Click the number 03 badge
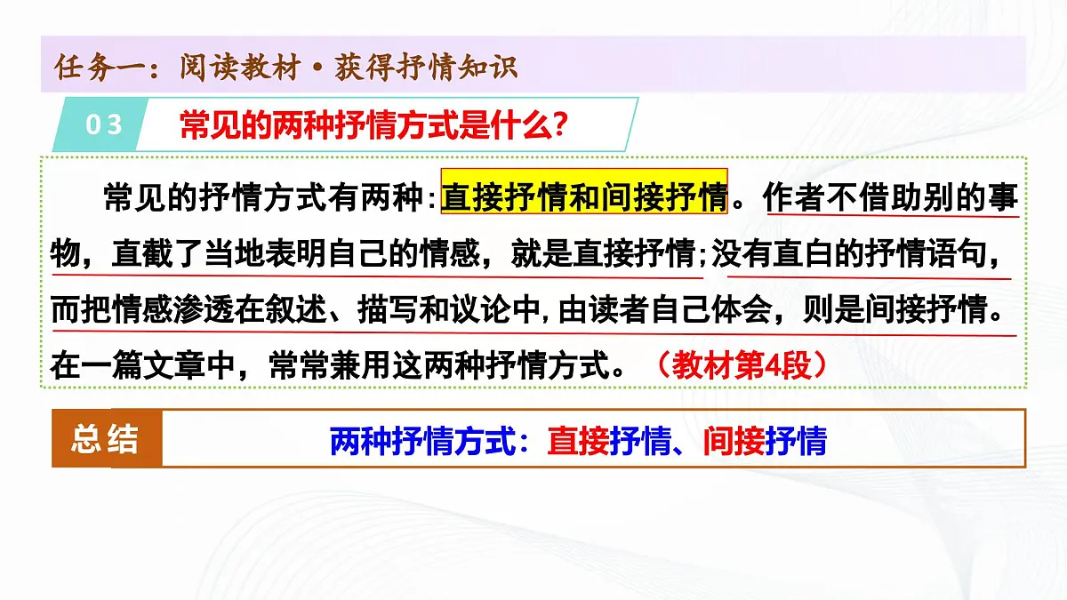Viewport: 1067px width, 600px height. click(x=103, y=124)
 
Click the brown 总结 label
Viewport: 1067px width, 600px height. click(x=106, y=438)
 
